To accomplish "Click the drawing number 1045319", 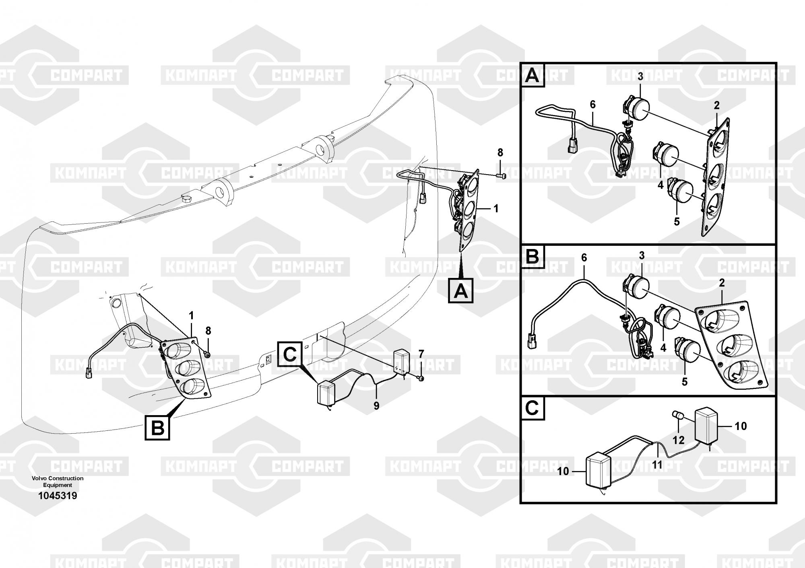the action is [58, 496].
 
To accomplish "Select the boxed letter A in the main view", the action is [461, 291].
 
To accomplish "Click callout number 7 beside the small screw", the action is [421, 354].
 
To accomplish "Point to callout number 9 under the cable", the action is [376, 406].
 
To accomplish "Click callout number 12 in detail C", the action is [679, 440].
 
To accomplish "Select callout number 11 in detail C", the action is [657, 465].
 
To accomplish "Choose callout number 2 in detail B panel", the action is [721, 283].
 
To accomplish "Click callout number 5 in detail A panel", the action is [677, 221].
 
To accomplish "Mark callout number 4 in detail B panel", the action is [663, 348].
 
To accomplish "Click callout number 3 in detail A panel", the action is [640, 76].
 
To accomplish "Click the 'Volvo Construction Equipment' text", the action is [58, 482].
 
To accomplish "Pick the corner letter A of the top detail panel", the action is [533, 76].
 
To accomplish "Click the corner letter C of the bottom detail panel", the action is [532, 409].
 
